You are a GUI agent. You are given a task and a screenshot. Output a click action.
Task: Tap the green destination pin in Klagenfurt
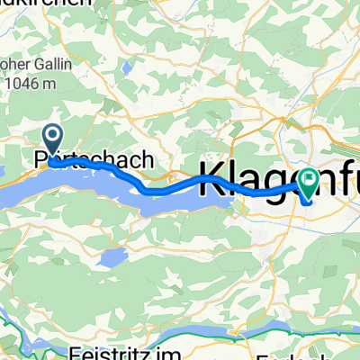coord(310,184)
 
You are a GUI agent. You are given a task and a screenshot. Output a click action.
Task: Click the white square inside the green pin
coord(310,180)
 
